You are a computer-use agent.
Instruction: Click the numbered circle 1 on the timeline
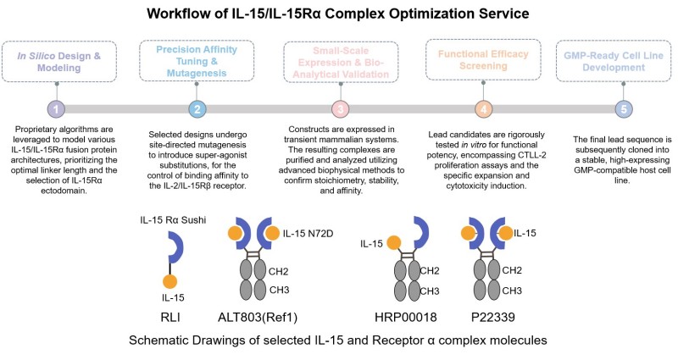(x=56, y=109)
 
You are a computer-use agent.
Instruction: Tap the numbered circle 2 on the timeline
(x=197, y=109)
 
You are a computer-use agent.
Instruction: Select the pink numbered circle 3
(x=339, y=109)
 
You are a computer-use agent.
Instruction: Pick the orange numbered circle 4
(x=481, y=109)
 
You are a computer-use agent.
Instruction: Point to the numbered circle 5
(x=623, y=109)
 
